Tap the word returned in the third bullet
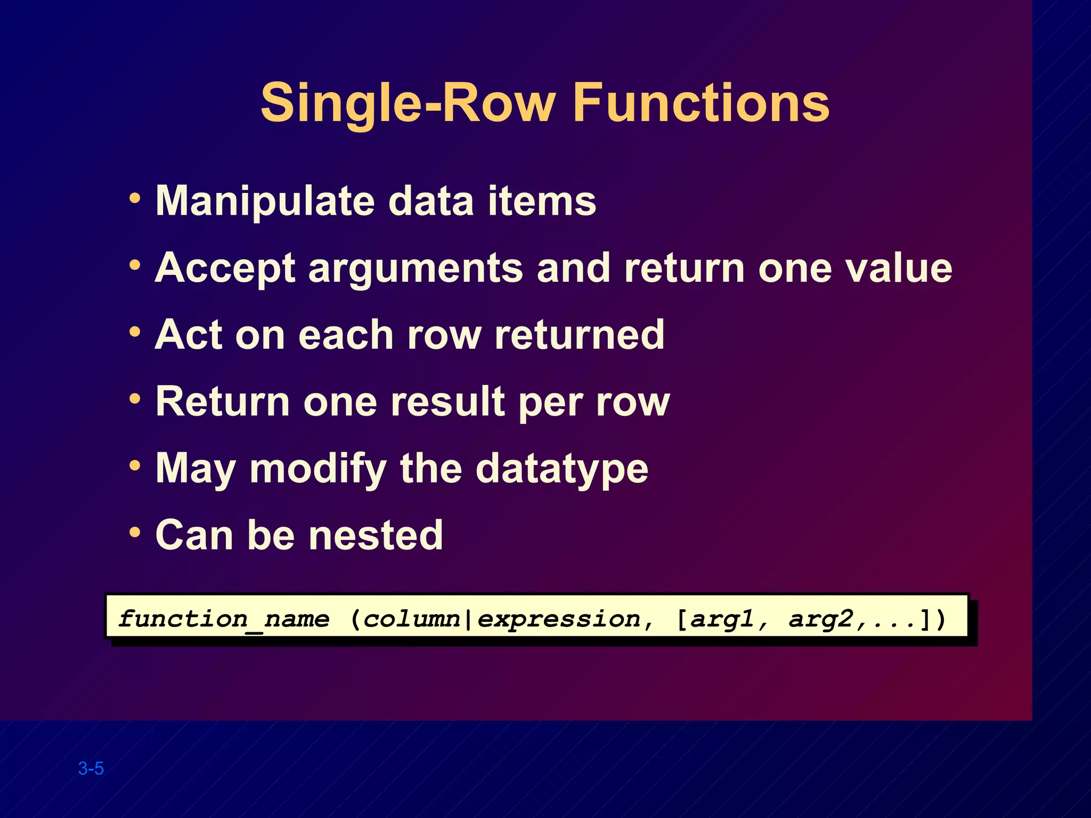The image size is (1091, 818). [x=580, y=335]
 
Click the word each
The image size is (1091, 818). [x=346, y=335]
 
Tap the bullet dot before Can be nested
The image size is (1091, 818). [x=135, y=532]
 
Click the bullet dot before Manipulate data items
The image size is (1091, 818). [x=135, y=199]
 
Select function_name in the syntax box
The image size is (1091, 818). [x=224, y=619]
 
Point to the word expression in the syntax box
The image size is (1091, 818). [x=558, y=619]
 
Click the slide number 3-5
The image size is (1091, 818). [x=91, y=768]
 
